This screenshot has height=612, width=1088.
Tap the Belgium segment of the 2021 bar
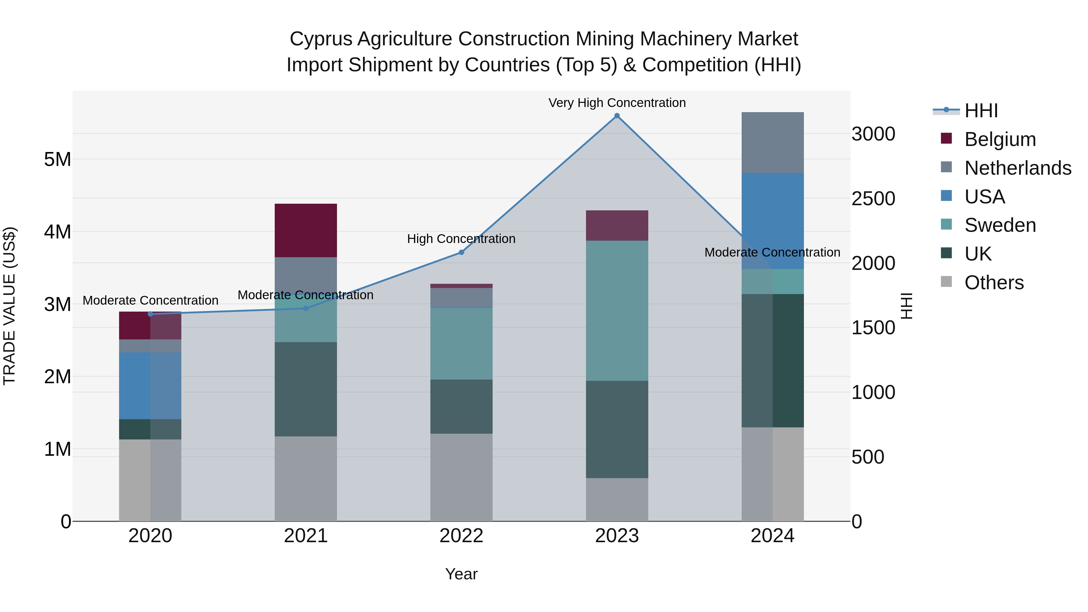click(x=306, y=230)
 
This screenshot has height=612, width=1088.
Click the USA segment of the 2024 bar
click(x=772, y=221)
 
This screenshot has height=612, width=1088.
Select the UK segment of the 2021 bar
click(x=306, y=389)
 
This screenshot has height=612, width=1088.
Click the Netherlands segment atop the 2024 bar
click(x=772, y=142)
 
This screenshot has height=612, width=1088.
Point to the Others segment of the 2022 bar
click(x=461, y=477)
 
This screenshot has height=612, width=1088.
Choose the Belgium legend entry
click(x=999, y=139)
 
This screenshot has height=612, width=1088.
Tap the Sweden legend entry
click(x=999, y=225)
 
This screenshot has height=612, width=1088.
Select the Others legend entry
click(x=993, y=283)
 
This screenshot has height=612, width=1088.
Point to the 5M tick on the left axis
click(x=57, y=160)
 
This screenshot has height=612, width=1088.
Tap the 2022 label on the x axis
click(x=461, y=536)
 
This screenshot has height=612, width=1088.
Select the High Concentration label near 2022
click(x=461, y=239)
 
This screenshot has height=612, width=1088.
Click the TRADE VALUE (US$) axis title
click(x=9, y=306)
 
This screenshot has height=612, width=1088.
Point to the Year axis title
click(x=461, y=574)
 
